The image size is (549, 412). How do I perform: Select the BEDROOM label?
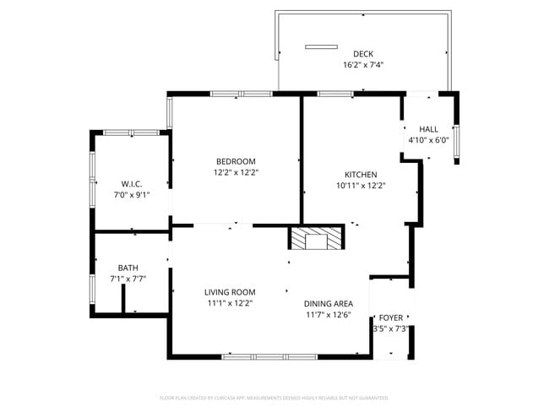236,161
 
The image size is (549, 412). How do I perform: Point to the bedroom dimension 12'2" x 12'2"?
236,172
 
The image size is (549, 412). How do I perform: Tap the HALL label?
429,129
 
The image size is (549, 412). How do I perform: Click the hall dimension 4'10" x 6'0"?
428,140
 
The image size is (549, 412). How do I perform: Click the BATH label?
128,268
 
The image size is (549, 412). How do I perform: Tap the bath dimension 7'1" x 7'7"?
128,279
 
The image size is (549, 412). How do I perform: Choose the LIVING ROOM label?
230,292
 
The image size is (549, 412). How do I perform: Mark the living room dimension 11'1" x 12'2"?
230,303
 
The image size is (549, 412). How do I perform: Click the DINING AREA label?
329,304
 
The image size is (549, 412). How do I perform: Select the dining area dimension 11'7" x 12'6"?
329,315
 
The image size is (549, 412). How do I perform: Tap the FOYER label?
391,317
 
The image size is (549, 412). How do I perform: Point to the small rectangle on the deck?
321,46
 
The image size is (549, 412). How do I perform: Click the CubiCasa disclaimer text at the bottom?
274,397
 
